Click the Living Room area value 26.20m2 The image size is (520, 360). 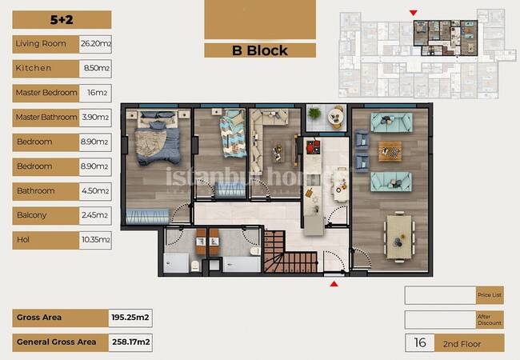point(96,44)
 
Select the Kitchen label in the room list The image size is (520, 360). point(33,68)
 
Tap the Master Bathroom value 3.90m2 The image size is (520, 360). point(95,117)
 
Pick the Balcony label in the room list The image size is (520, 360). point(31,215)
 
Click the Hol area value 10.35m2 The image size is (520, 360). point(96,240)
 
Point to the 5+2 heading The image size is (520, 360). point(62,19)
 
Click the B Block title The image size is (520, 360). point(260,50)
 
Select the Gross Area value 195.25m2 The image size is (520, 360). point(130,318)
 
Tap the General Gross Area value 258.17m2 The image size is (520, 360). point(130,342)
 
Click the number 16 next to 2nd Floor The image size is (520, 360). point(420,342)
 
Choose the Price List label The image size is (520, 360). point(490,294)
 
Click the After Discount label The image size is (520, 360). point(490,319)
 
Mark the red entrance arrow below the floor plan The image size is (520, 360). point(334,284)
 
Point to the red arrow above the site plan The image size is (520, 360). point(414,13)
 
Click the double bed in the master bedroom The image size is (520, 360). point(158,138)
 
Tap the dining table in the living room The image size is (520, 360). point(399,237)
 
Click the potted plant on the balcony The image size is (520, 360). point(314,114)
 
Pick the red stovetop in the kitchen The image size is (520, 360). point(313,147)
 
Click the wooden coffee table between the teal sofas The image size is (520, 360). point(390,151)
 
